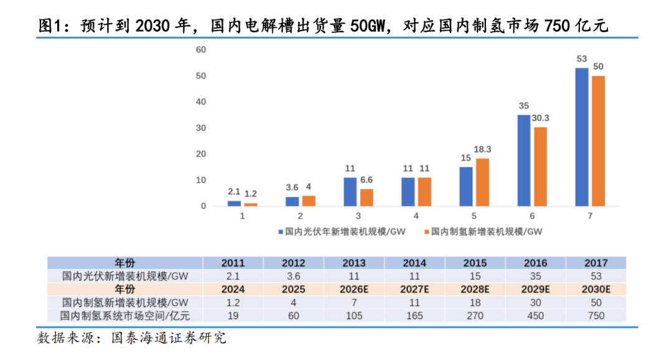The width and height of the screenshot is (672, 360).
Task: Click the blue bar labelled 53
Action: click(x=581, y=137)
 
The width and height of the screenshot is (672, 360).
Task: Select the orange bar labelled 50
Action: click(x=598, y=141)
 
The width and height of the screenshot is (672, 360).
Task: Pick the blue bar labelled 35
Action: click(x=523, y=160)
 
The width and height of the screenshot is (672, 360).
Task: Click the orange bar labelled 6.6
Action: click(x=366, y=197)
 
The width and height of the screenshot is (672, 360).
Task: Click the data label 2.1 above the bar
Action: click(x=233, y=192)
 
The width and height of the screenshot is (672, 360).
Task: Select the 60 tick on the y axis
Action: click(x=200, y=50)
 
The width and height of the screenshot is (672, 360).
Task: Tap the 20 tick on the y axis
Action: click(x=200, y=154)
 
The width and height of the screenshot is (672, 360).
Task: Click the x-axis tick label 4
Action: click(x=417, y=216)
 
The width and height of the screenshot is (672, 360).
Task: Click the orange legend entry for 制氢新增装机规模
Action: click(x=486, y=232)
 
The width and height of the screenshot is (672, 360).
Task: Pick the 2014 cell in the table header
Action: click(x=414, y=263)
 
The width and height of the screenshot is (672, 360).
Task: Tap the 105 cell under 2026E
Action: click(x=354, y=316)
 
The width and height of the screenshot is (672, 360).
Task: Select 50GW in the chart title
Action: click(x=370, y=27)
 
